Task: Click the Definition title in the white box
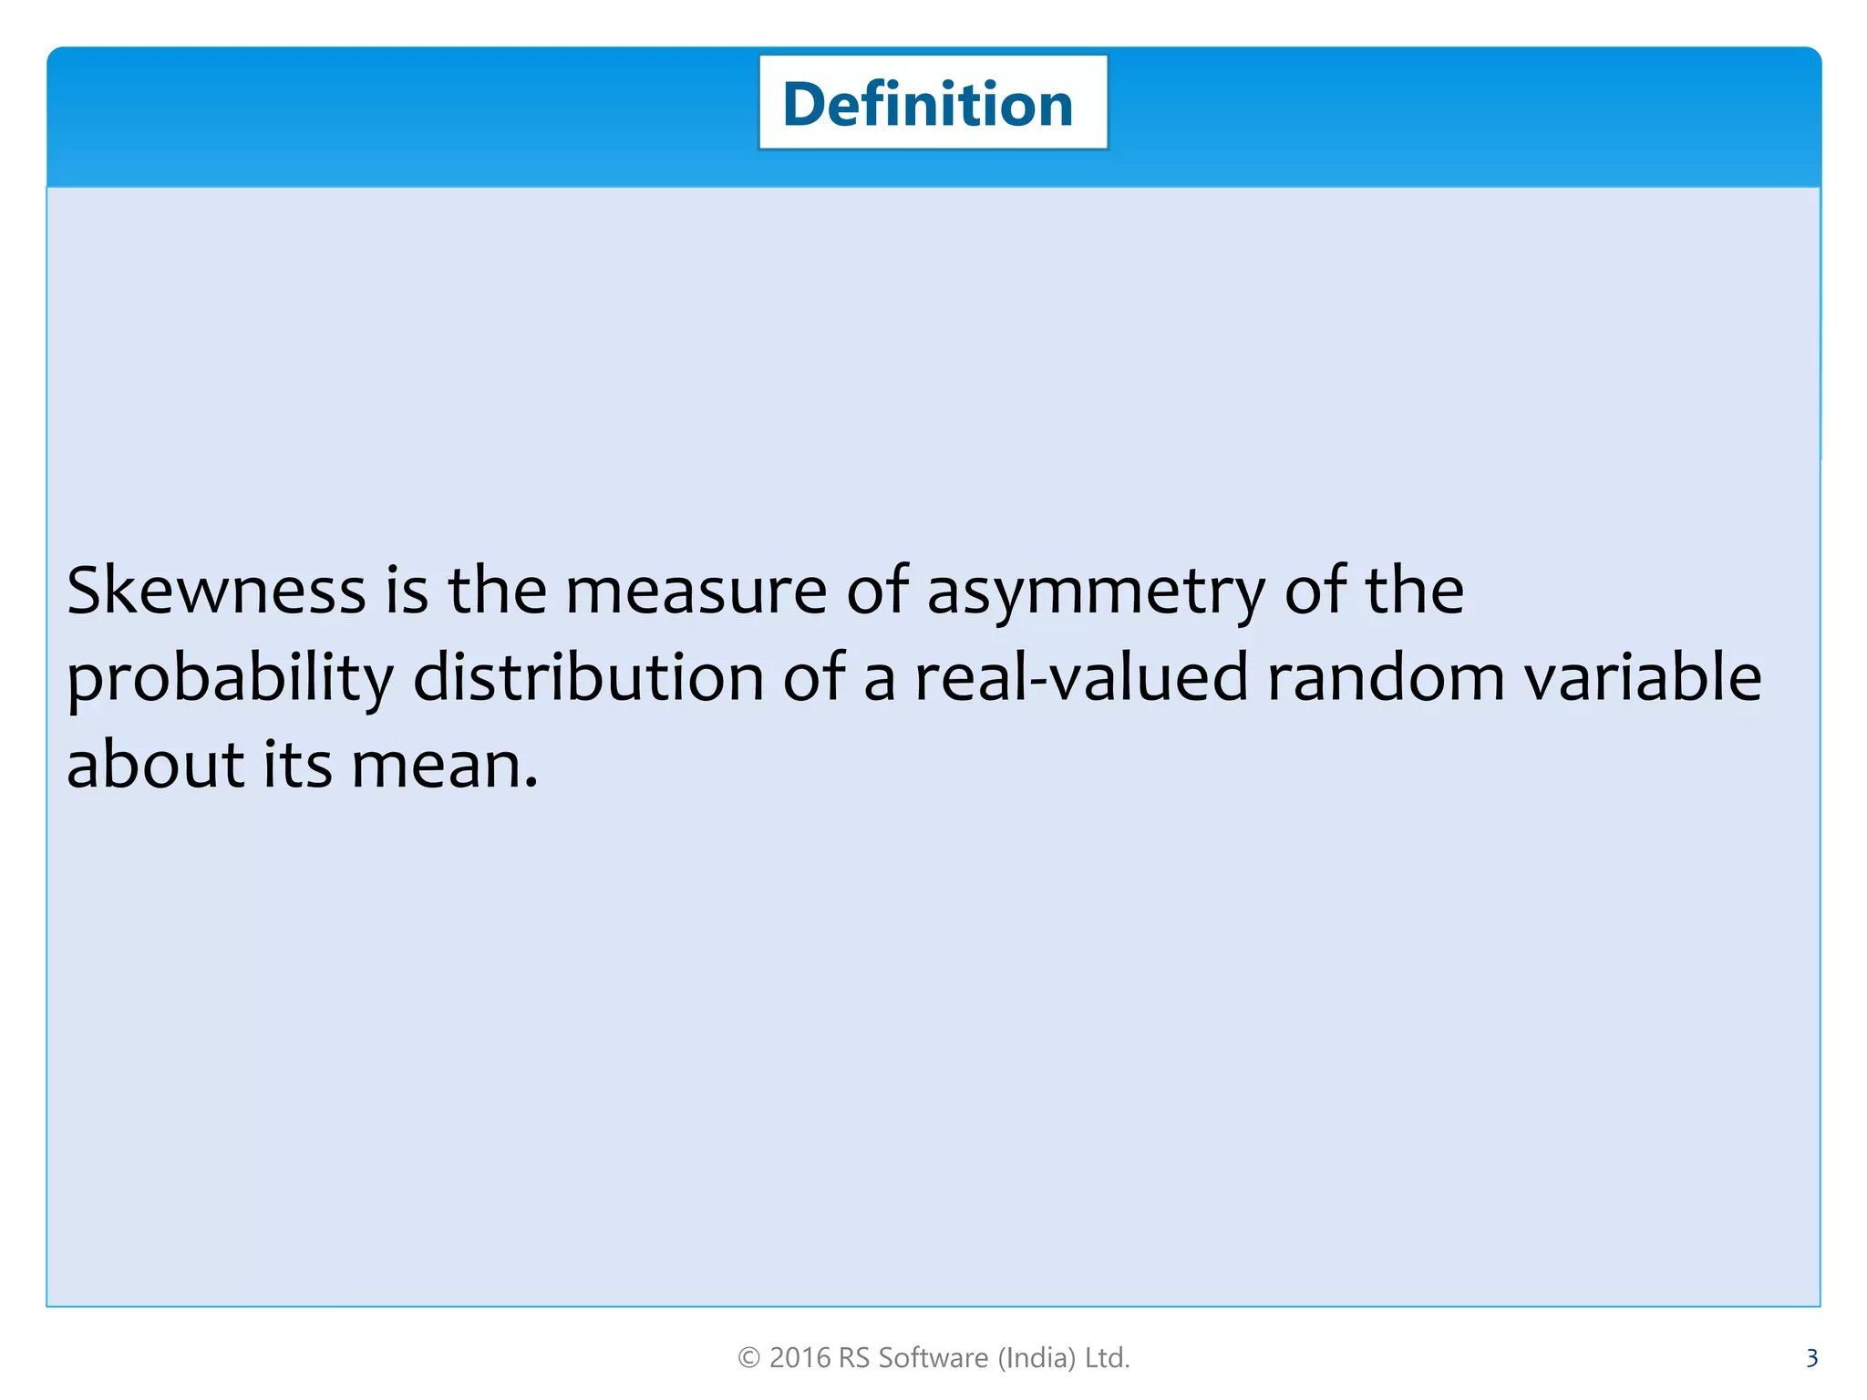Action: point(928,104)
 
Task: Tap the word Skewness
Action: point(216,590)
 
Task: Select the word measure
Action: point(696,590)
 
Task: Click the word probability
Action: point(230,679)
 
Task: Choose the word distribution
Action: point(588,677)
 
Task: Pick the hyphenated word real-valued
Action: point(1080,677)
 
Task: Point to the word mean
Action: point(444,766)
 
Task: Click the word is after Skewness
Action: point(406,590)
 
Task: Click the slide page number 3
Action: point(1811,1358)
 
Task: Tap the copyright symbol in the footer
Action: point(748,1358)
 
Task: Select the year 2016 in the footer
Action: point(799,1358)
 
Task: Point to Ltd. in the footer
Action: point(1107,1358)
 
